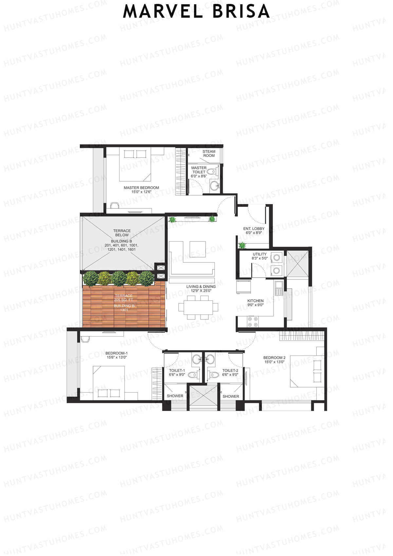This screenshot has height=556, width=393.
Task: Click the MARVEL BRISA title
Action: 196,12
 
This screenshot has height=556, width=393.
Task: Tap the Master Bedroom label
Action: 141,188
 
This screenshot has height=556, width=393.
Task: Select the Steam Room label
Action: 209,153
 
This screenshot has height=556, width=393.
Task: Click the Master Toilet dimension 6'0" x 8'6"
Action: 199,176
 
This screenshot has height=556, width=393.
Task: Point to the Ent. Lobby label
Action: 254,229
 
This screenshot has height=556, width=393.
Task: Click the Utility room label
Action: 260,254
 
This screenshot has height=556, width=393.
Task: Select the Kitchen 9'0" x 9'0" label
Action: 255,302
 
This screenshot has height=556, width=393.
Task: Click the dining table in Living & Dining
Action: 198,307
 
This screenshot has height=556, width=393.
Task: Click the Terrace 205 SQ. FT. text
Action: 124,298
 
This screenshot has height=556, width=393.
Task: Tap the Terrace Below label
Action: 122,233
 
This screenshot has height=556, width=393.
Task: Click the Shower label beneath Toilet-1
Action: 175,396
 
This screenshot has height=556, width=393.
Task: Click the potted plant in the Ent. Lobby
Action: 242,245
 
